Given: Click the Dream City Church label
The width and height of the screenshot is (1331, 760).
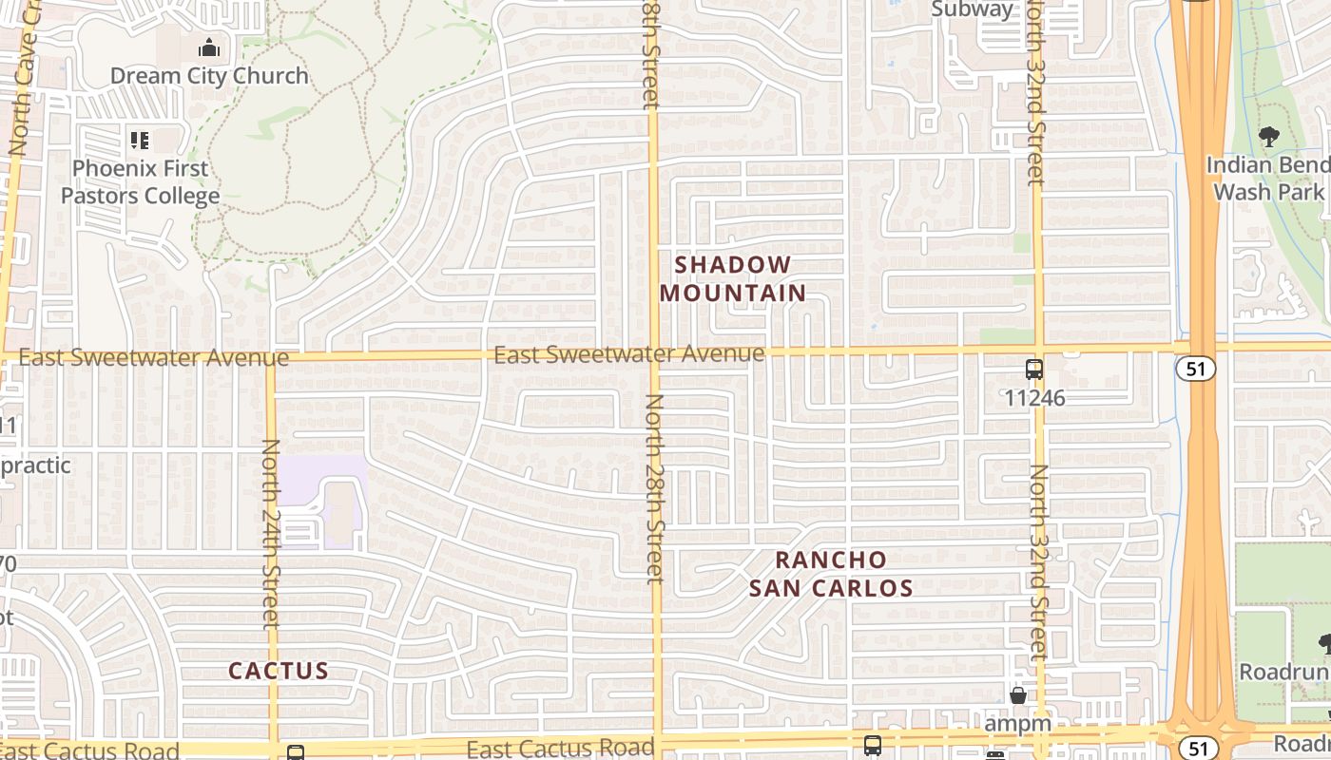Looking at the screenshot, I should coord(209,76).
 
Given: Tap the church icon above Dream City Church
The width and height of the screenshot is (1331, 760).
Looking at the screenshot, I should coord(209,47).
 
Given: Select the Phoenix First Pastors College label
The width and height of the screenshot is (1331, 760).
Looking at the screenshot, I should coord(141,181).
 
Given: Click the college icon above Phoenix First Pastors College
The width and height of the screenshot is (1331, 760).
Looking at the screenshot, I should coord(140,142).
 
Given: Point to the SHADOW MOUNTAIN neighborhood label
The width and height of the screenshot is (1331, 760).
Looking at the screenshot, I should coord(733,278).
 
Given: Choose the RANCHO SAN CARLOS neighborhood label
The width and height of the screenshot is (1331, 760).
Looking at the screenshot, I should coord(831,574).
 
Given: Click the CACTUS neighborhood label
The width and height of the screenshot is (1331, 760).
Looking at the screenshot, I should coord(279,671).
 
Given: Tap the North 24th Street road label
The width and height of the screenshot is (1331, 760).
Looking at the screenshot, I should coord(272,532).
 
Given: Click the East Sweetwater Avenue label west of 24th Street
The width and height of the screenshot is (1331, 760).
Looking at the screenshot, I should coord(153,358).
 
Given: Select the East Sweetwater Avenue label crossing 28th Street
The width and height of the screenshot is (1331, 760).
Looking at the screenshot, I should coord(628,354).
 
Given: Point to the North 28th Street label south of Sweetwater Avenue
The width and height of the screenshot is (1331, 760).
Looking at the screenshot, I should coord(654,488).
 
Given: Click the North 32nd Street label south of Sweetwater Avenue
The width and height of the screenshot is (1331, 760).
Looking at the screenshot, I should coord(1039,560).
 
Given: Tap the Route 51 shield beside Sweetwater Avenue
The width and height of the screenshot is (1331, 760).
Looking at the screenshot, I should coord(1194,369).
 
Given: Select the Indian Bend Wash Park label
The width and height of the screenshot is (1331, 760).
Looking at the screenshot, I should coord(1268,178).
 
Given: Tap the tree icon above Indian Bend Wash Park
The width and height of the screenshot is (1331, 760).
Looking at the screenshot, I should coord(1268,137).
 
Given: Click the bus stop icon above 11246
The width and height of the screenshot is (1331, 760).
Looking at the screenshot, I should coord(1034,370).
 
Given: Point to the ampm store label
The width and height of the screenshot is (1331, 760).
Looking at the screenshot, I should coord(1017,723).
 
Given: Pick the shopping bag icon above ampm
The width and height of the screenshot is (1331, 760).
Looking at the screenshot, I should coord(1017,696).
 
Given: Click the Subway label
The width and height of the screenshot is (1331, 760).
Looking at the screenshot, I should coord(973,9).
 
